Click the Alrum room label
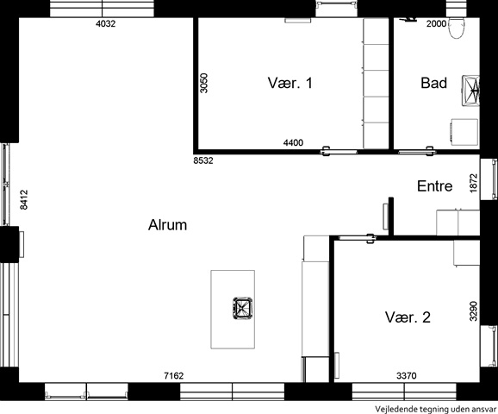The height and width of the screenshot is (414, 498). pos(167,225)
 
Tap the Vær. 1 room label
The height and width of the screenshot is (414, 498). pos(290,83)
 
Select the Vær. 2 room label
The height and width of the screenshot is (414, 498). pos(408,317)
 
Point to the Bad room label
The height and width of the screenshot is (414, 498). pos(434,83)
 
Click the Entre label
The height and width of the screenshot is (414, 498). pos(435,186)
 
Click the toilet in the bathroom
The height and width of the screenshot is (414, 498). pos(457,28)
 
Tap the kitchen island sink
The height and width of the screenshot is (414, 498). pos(243,308)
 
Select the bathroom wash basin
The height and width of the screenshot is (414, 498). pos(470,91)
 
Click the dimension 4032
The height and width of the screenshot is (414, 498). pos(106,23)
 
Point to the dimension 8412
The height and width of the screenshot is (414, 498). pos(24,200)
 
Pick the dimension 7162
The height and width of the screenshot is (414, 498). pos(174,376)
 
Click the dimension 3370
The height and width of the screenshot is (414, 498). pos(407,376)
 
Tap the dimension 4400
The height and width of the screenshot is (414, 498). pos(293,142)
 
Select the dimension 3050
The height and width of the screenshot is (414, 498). pos(204,84)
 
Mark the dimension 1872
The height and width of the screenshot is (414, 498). pos(473,183)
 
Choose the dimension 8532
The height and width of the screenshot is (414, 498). pos(203,160)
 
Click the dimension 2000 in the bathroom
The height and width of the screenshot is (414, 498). pos(436,23)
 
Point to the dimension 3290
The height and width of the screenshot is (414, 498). pos(473,311)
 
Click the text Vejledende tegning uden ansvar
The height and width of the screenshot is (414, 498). pos(435,409)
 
